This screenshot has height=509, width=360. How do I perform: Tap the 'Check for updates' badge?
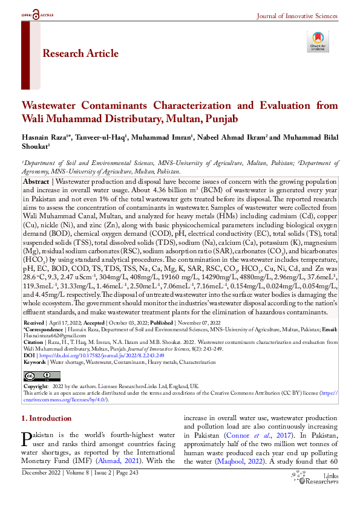click(x=317, y=41)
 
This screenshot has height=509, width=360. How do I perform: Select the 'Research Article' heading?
click(x=80, y=54)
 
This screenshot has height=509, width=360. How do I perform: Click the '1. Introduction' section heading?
click(x=46, y=418)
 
